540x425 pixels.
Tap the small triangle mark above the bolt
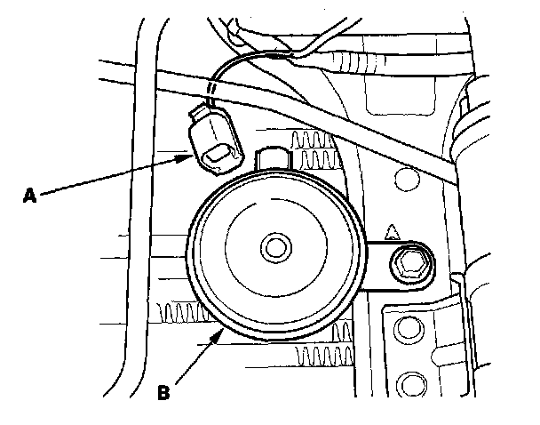click(391, 236)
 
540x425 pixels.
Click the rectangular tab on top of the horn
click(274, 160)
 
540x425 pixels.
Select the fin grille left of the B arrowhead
click(182, 310)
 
